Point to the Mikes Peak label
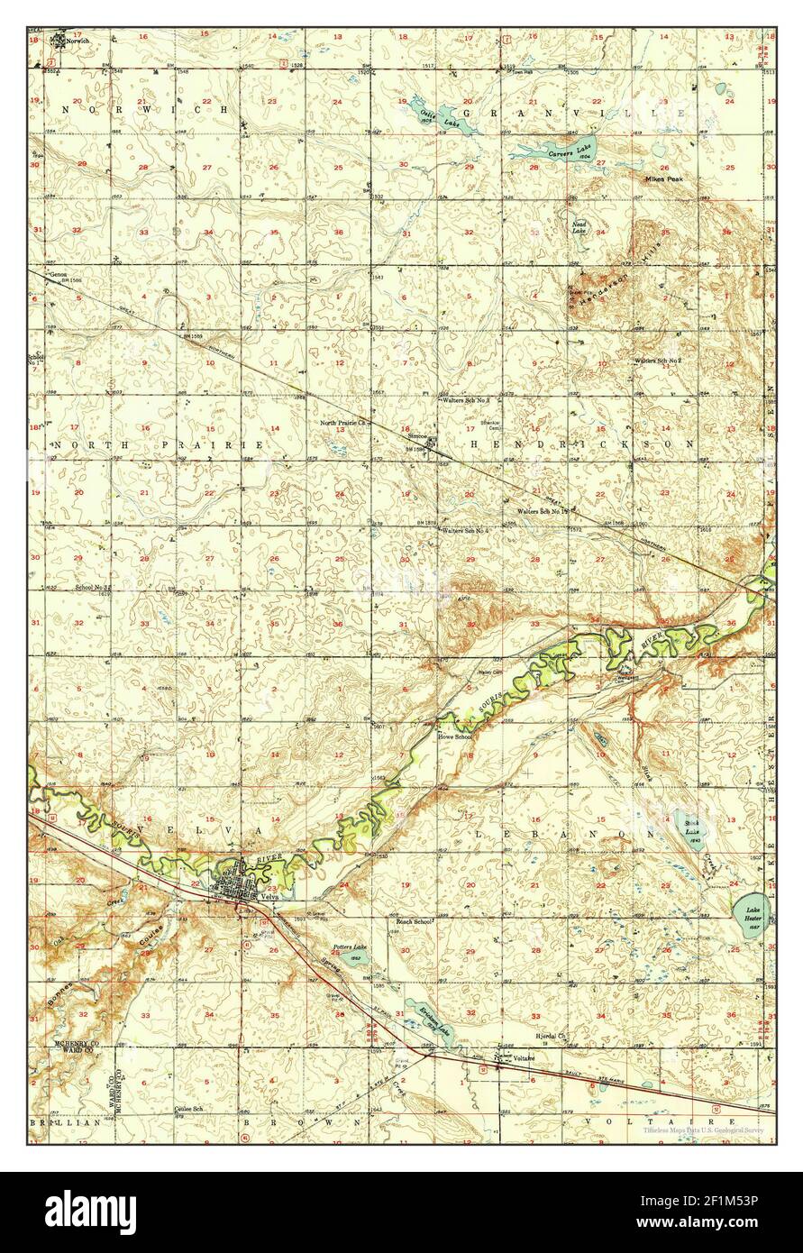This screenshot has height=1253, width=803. [x=663, y=179]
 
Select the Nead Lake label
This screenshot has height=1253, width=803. [x=579, y=227]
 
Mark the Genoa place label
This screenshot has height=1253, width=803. [x=59, y=274]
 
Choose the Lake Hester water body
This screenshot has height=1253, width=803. [x=753, y=914]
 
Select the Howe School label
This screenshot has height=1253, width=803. [x=454, y=736]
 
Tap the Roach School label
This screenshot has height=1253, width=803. [x=414, y=922]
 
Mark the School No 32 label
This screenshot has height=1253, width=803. [x=92, y=588]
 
